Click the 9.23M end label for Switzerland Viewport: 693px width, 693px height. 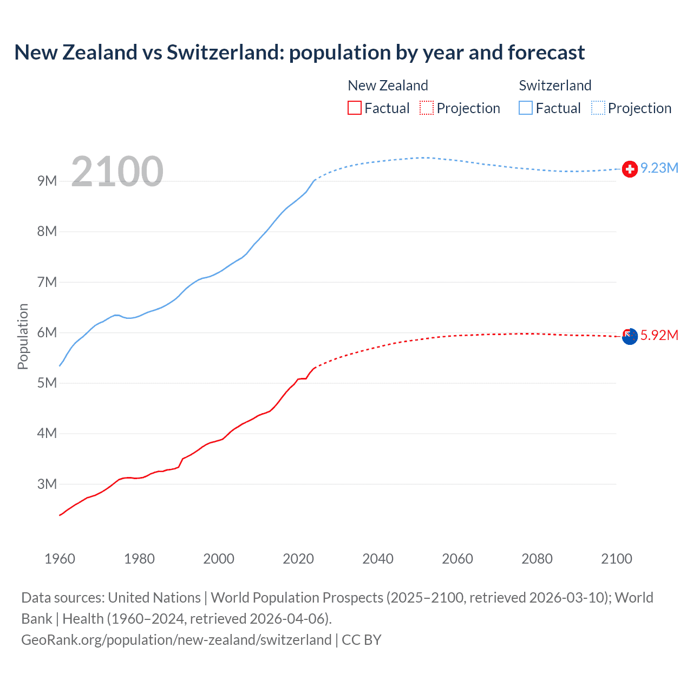[659, 168]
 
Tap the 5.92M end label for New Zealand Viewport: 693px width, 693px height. [659, 336]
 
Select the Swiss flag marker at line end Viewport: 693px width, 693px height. [629, 169]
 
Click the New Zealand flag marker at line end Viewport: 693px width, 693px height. [629, 337]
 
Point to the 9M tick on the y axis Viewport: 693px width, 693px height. [47, 181]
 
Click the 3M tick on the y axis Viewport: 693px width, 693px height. [47, 484]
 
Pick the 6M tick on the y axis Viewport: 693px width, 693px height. [47, 332]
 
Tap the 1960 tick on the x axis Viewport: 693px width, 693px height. [60, 559]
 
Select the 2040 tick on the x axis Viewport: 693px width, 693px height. [378, 559]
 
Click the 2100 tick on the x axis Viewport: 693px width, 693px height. [617, 559]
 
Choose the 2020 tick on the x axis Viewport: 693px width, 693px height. [298, 559]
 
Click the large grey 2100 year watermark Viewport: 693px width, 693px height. [117, 172]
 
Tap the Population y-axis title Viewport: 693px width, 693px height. [23, 336]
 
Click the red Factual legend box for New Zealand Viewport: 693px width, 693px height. [354, 108]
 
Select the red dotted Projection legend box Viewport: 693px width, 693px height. [427, 108]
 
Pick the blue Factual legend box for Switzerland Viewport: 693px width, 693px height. [526, 108]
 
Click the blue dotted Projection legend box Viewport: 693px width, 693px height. [598, 108]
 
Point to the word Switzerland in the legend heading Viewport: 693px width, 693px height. [555, 86]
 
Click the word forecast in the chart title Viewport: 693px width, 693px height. [546, 53]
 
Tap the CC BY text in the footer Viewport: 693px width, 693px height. [362, 640]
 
